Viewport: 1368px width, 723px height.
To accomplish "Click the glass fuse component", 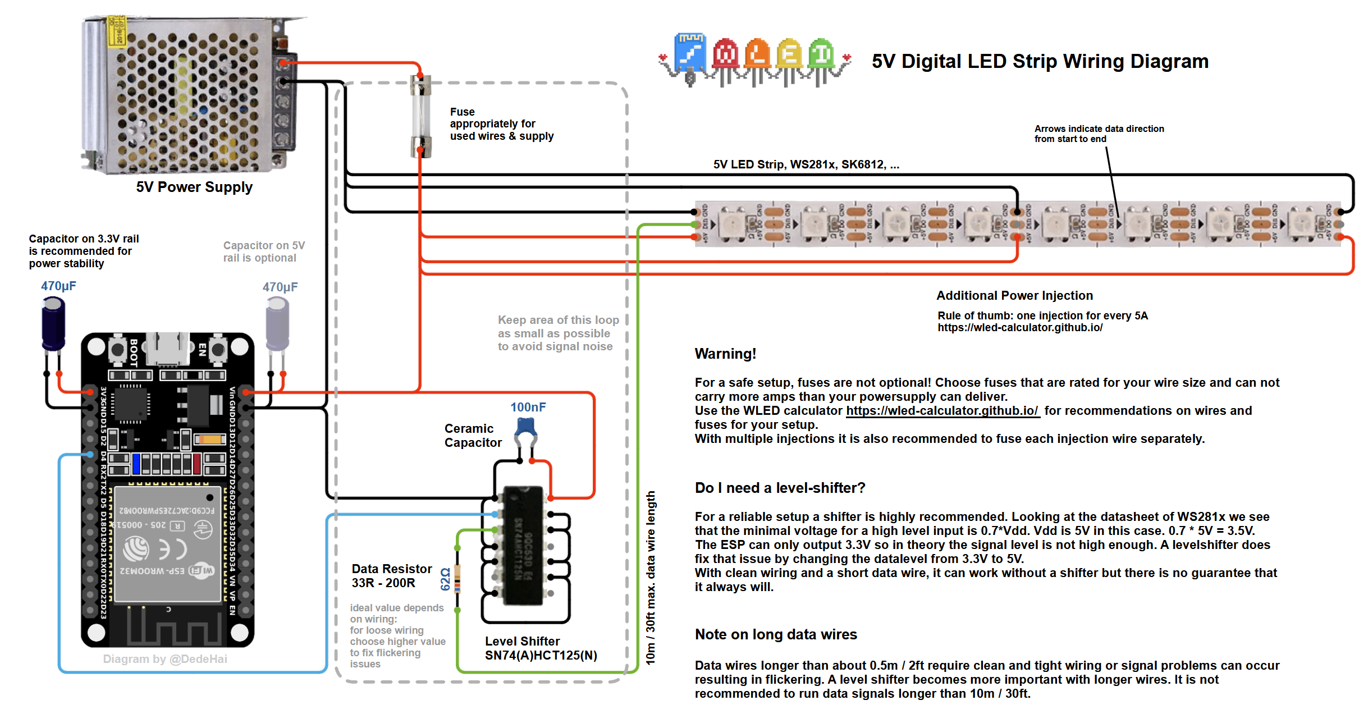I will (420, 116).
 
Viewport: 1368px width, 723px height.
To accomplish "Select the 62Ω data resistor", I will (457, 578).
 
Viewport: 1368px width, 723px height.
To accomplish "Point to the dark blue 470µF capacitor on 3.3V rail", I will (53, 323).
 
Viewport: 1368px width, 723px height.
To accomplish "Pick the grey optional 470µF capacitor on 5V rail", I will (277, 323).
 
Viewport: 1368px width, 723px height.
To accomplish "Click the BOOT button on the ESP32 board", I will (118, 349).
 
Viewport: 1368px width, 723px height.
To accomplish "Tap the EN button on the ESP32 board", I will (218, 349).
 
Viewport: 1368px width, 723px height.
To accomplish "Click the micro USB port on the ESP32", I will (167, 348).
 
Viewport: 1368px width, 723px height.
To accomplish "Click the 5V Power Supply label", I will (194, 187).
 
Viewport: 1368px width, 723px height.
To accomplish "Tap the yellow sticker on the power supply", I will (117, 31).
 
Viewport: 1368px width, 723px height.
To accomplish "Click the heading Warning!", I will (725, 354).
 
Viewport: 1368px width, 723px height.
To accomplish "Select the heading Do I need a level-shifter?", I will (780, 488).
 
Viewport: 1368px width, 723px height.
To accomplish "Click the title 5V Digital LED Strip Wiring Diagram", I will (1040, 61).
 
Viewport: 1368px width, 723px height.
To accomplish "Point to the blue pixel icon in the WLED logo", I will (690, 53).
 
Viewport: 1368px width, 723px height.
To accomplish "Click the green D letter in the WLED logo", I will (821, 54).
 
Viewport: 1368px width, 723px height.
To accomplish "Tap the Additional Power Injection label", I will (1014, 295).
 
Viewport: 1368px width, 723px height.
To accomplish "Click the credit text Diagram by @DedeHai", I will (165, 659).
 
